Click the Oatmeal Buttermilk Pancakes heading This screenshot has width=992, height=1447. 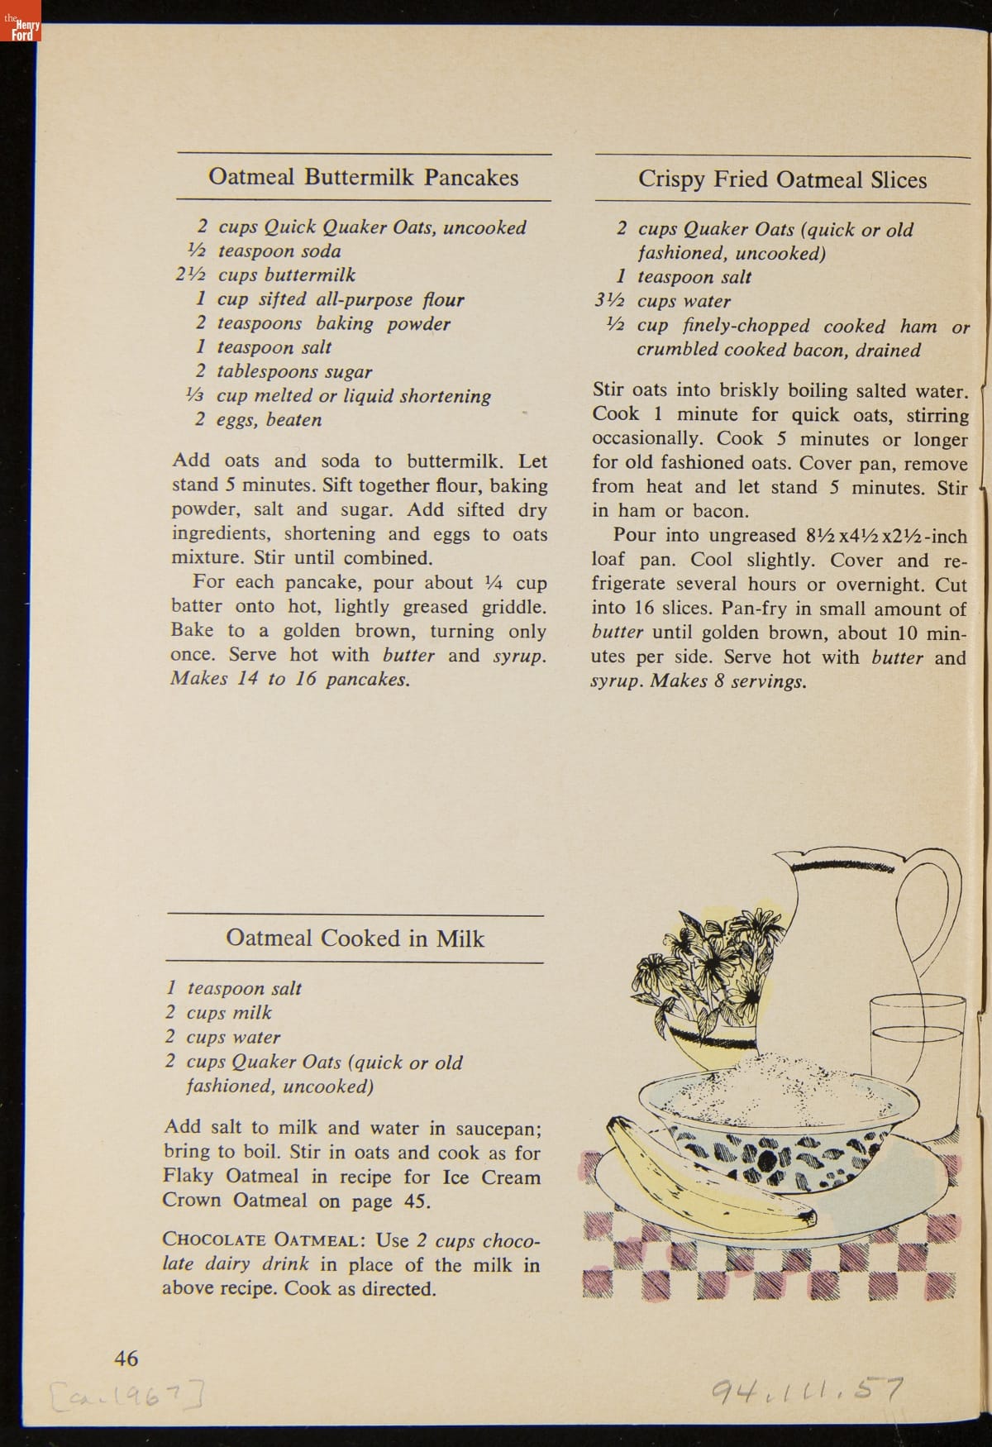pyautogui.click(x=364, y=178)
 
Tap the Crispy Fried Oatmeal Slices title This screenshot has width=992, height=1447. pyautogui.click(x=782, y=180)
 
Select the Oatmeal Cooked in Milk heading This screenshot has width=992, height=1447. pyautogui.click(x=355, y=938)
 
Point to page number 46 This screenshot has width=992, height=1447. pyautogui.click(x=126, y=1358)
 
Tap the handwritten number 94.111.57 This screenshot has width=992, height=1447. pyautogui.click(x=807, y=1391)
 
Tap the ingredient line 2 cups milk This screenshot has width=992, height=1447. pyautogui.click(x=219, y=1013)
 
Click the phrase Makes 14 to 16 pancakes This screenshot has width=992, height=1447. pyautogui.click(x=289, y=680)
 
